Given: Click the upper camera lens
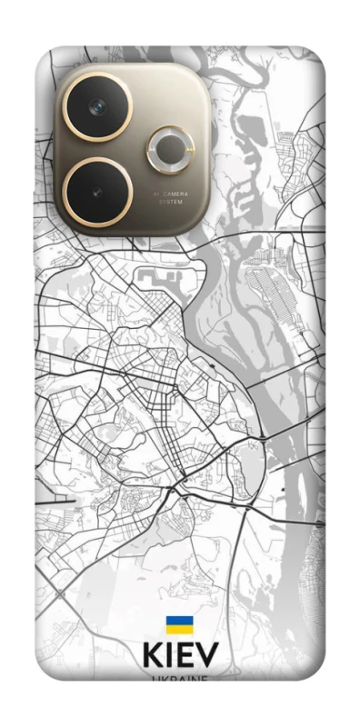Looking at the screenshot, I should (x=97, y=107).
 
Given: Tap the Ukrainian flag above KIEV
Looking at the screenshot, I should (x=179, y=625).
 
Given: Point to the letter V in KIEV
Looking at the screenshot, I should (x=207, y=658).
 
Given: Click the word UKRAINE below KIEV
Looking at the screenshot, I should (x=179, y=678).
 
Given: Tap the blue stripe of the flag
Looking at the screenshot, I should (x=179, y=622).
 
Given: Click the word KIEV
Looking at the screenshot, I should (x=179, y=658).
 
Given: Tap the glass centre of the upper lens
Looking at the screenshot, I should (x=97, y=107).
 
